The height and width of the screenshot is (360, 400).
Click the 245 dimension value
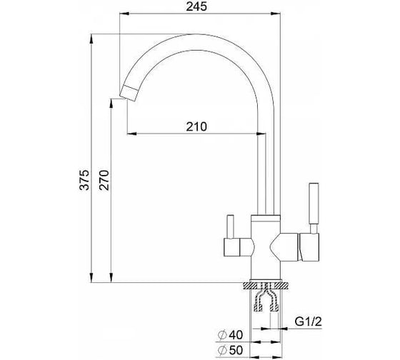[x=196, y=6]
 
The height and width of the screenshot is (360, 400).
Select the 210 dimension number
[x=196, y=126]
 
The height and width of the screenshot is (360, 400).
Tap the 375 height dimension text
[x=84, y=180]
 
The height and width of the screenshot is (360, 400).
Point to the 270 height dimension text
[x=104, y=180]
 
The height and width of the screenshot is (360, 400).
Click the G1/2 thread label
[x=308, y=322]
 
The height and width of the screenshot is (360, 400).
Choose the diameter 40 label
[x=231, y=335]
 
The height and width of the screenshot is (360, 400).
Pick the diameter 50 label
[x=231, y=350]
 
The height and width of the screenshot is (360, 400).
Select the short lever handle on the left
[x=231, y=226]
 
